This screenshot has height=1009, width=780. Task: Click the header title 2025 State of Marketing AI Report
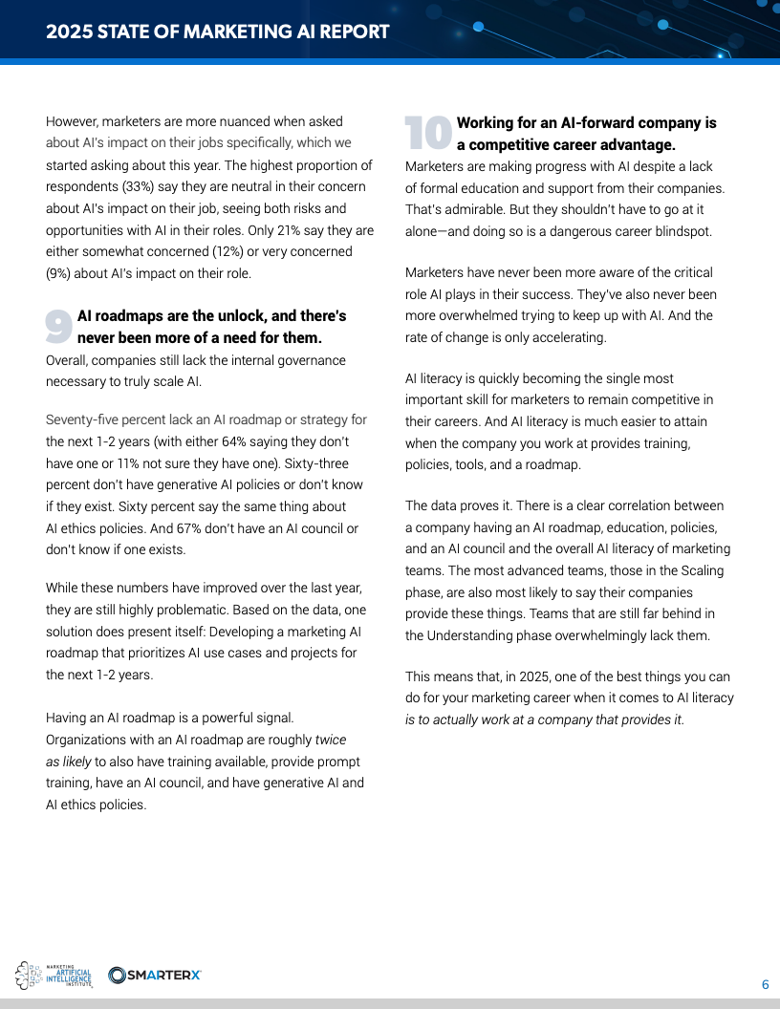coord(218,32)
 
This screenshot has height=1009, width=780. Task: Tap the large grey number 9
coord(59,327)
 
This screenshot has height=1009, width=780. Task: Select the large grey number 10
coord(427,134)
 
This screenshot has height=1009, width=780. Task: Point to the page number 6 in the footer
coord(765,985)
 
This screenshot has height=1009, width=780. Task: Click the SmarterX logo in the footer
coord(155,975)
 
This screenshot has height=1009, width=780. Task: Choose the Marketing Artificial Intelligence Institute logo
coord(54,975)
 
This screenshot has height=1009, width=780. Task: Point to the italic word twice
coord(331,740)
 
